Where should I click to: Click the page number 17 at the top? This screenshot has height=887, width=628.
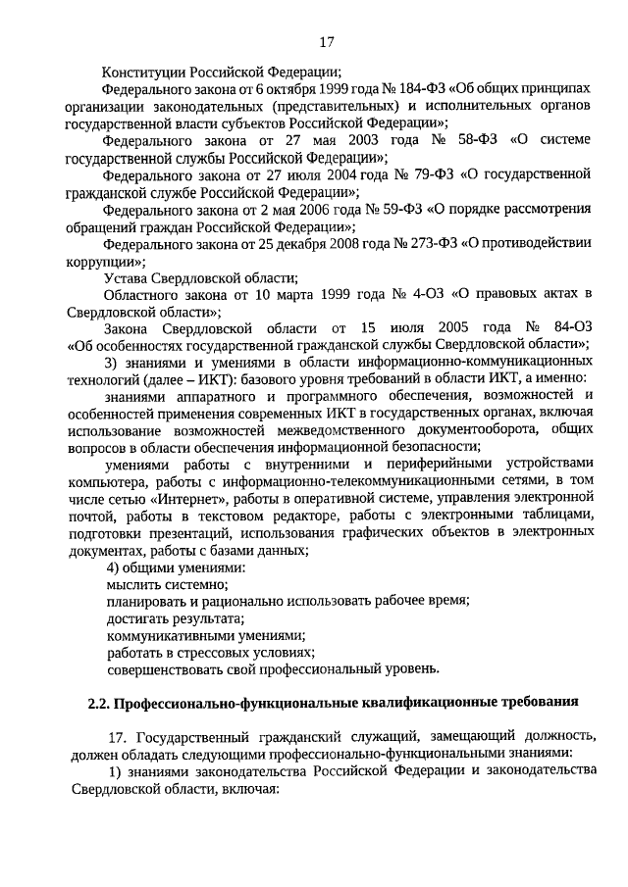(x=328, y=41)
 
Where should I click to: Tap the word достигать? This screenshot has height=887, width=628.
(x=137, y=619)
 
